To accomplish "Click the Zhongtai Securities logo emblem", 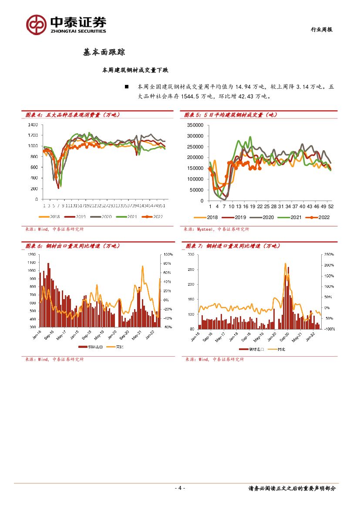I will click(x=36, y=24).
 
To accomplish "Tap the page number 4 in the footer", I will click(x=180, y=488).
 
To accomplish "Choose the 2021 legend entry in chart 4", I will click(x=132, y=216).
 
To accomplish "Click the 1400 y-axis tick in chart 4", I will click(x=33, y=125).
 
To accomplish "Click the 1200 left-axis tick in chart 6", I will click(x=32, y=254).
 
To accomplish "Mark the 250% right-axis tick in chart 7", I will click(x=329, y=254).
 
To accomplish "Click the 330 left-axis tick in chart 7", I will click(x=191, y=254).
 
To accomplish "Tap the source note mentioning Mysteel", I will click(x=217, y=229).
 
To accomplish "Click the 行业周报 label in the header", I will click(x=321, y=30).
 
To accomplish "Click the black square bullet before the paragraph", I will click(x=127, y=87).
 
